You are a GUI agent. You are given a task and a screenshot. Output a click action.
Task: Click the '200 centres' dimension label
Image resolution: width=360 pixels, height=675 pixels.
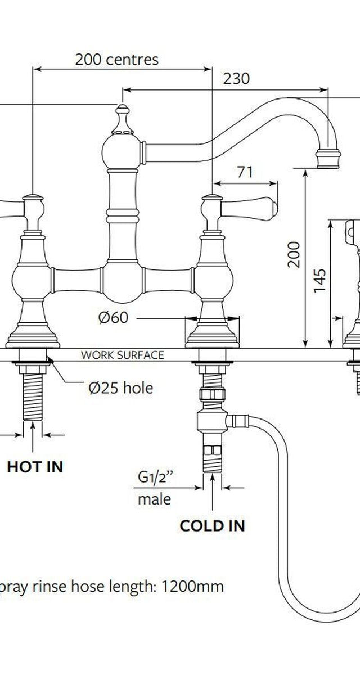click(116, 60)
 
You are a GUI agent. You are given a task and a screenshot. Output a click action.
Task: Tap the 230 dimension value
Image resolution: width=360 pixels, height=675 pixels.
click(236, 79)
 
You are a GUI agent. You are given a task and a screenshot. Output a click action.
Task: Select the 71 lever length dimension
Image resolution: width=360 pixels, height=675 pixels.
click(245, 172)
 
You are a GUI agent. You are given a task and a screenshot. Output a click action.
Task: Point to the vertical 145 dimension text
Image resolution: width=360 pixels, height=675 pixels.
click(320, 281)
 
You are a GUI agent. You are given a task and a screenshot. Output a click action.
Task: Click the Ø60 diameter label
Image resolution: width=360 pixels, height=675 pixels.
click(113, 317)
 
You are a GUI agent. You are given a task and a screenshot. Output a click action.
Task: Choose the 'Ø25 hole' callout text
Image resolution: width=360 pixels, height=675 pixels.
click(121, 388)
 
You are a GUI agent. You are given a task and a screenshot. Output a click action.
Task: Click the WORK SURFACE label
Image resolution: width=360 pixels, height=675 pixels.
click(122, 355)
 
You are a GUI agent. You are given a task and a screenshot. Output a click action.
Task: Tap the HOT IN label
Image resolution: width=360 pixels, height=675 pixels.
click(35, 467)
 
